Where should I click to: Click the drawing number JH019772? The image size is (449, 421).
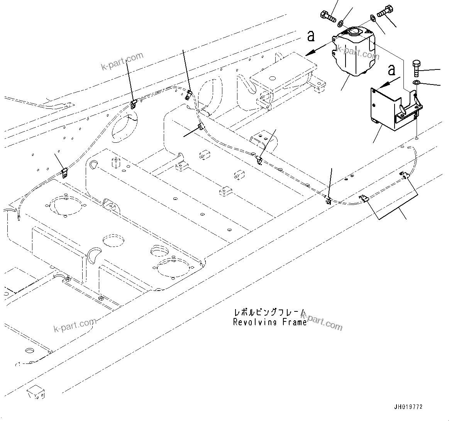tap(408, 407)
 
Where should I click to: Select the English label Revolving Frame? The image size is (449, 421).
tap(269, 322)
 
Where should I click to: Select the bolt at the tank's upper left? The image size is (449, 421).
tap(327, 17)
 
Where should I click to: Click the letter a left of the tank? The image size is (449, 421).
tap(311, 36)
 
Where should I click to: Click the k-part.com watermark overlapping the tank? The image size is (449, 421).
tap(358, 52)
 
